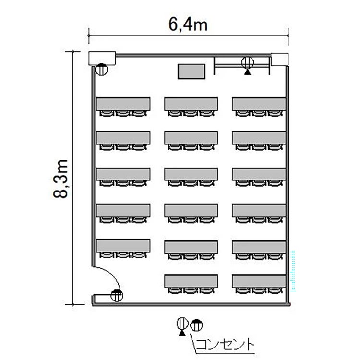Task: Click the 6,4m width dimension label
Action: point(188,24)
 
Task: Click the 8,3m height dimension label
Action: point(61,179)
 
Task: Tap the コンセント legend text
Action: point(225,344)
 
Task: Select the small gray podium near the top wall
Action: point(192,72)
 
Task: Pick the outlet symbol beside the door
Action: point(117,296)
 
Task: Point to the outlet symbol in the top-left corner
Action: point(101,69)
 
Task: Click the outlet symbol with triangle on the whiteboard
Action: point(248,65)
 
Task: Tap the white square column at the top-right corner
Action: point(280,60)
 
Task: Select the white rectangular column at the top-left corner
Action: point(102,58)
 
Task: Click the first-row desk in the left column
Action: point(123,104)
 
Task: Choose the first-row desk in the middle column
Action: point(191,104)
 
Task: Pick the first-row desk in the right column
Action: point(259,104)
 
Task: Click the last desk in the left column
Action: point(123,246)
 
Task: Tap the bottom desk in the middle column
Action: point(191,281)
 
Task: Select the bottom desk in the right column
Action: point(259,281)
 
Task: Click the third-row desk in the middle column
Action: point(191,174)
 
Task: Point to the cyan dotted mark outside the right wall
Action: point(293,271)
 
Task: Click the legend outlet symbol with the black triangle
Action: point(182,326)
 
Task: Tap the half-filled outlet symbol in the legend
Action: point(196,325)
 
